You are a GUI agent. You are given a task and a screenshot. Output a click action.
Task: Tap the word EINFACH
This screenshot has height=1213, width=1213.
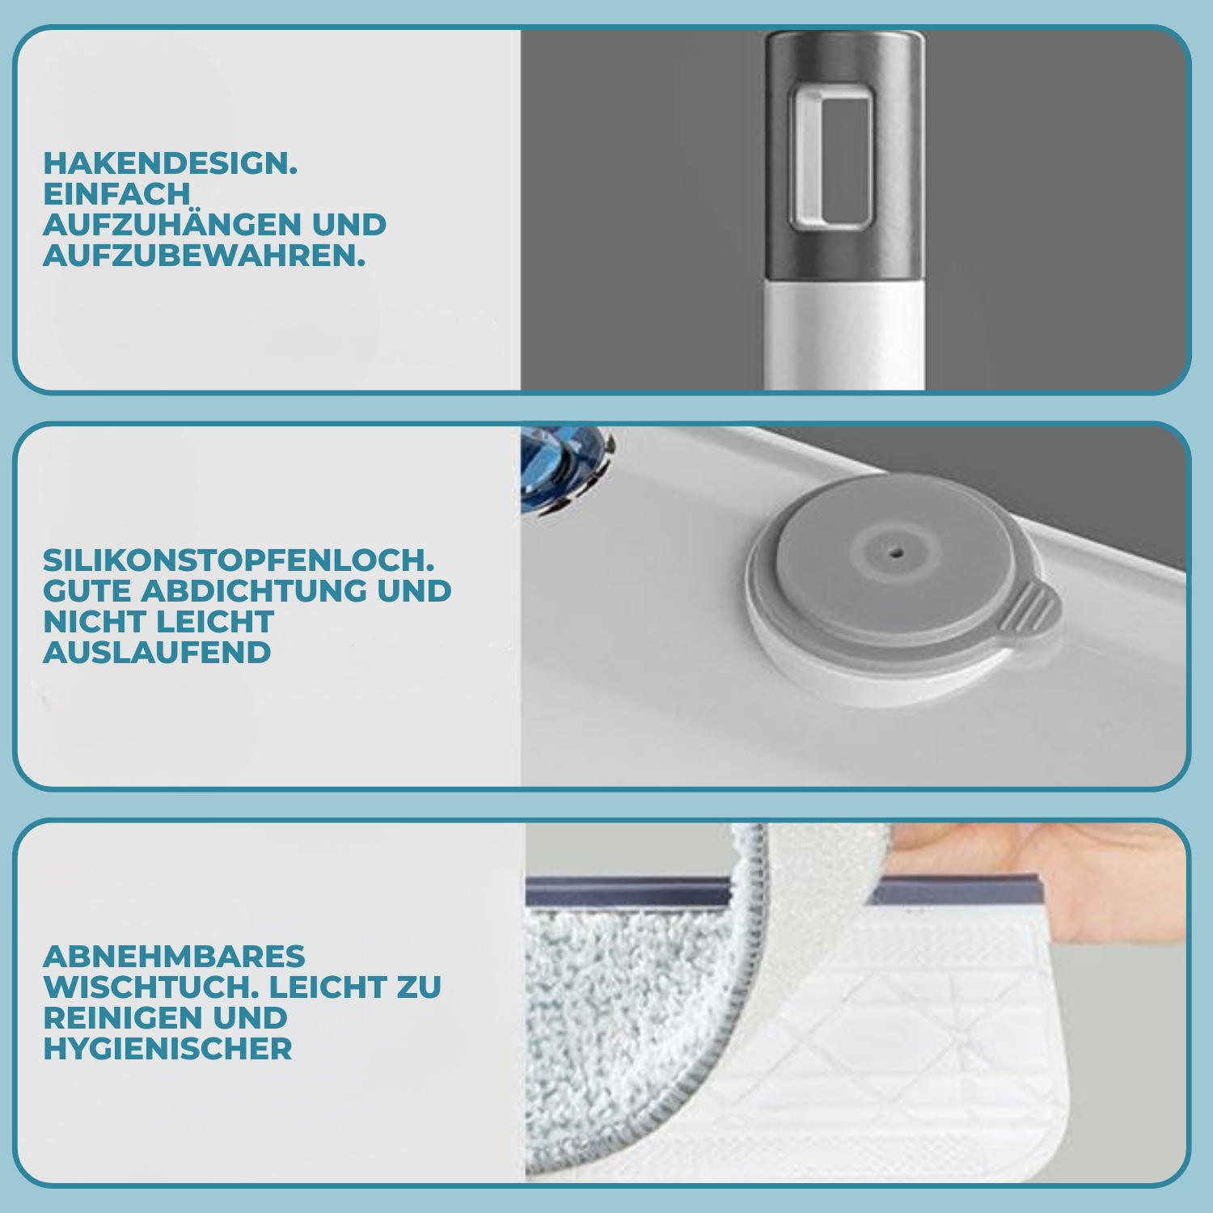pyautogui.click(x=116, y=194)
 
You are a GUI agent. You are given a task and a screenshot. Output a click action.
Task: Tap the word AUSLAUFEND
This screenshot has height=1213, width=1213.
pyautogui.click(x=157, y=652)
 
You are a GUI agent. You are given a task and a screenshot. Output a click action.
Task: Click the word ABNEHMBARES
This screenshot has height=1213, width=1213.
pyautogui.click(x=174, y=956)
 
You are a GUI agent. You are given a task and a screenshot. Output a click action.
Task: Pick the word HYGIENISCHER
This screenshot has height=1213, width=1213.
pyautogui.click(x=167, y=1048)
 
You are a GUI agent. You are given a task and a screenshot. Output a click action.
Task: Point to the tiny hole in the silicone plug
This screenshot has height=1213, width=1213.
pyautogui.click(x=895, y=552)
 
